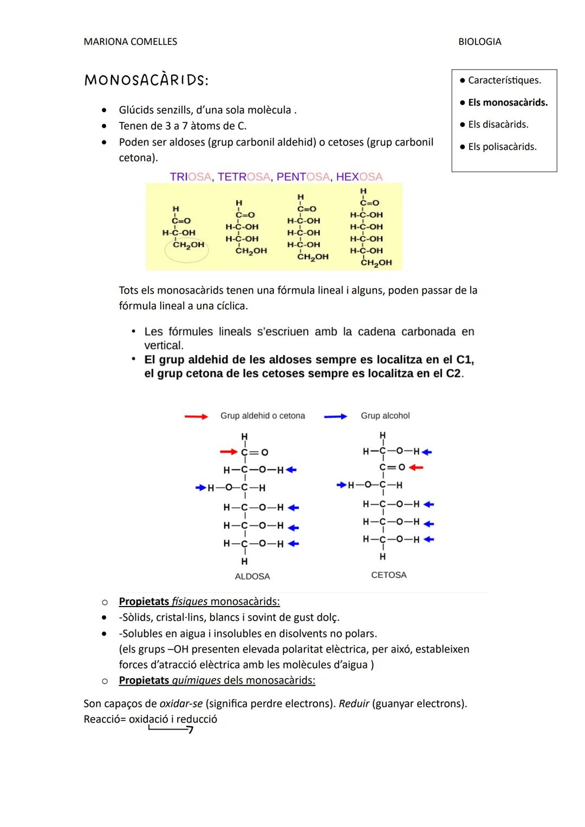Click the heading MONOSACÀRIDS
point(146,80)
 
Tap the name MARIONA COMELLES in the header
point(130,42)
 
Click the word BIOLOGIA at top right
point(479,42)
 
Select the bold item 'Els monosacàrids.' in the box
point(508,102)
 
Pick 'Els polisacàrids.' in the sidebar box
point(502,147)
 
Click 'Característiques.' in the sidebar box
point(504,80)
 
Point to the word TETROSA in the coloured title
point(244,177)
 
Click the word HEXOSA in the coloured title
point(359,177)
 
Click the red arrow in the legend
point(196,416)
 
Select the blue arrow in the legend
point(335,416)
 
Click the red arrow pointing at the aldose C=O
point(229,452)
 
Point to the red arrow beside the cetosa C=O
point(415,467)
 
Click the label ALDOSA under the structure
point(252,577)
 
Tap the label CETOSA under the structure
point(389,575)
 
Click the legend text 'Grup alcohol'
point(385,416)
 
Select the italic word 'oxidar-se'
point(181,704)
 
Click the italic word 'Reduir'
point(354,704)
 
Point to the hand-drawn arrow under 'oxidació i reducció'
point(171,730)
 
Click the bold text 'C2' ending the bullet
point(453,374)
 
